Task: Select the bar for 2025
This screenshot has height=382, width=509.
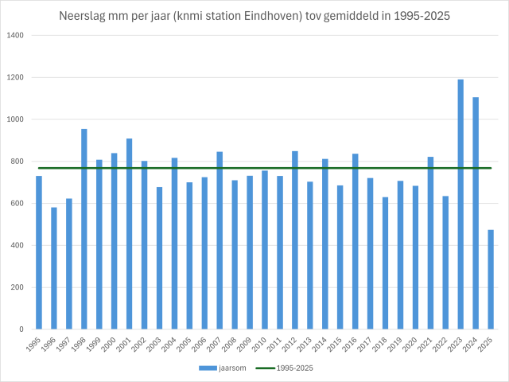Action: (491, 279)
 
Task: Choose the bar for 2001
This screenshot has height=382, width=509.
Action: (129, 234)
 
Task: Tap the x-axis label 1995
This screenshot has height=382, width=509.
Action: (35, 345)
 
